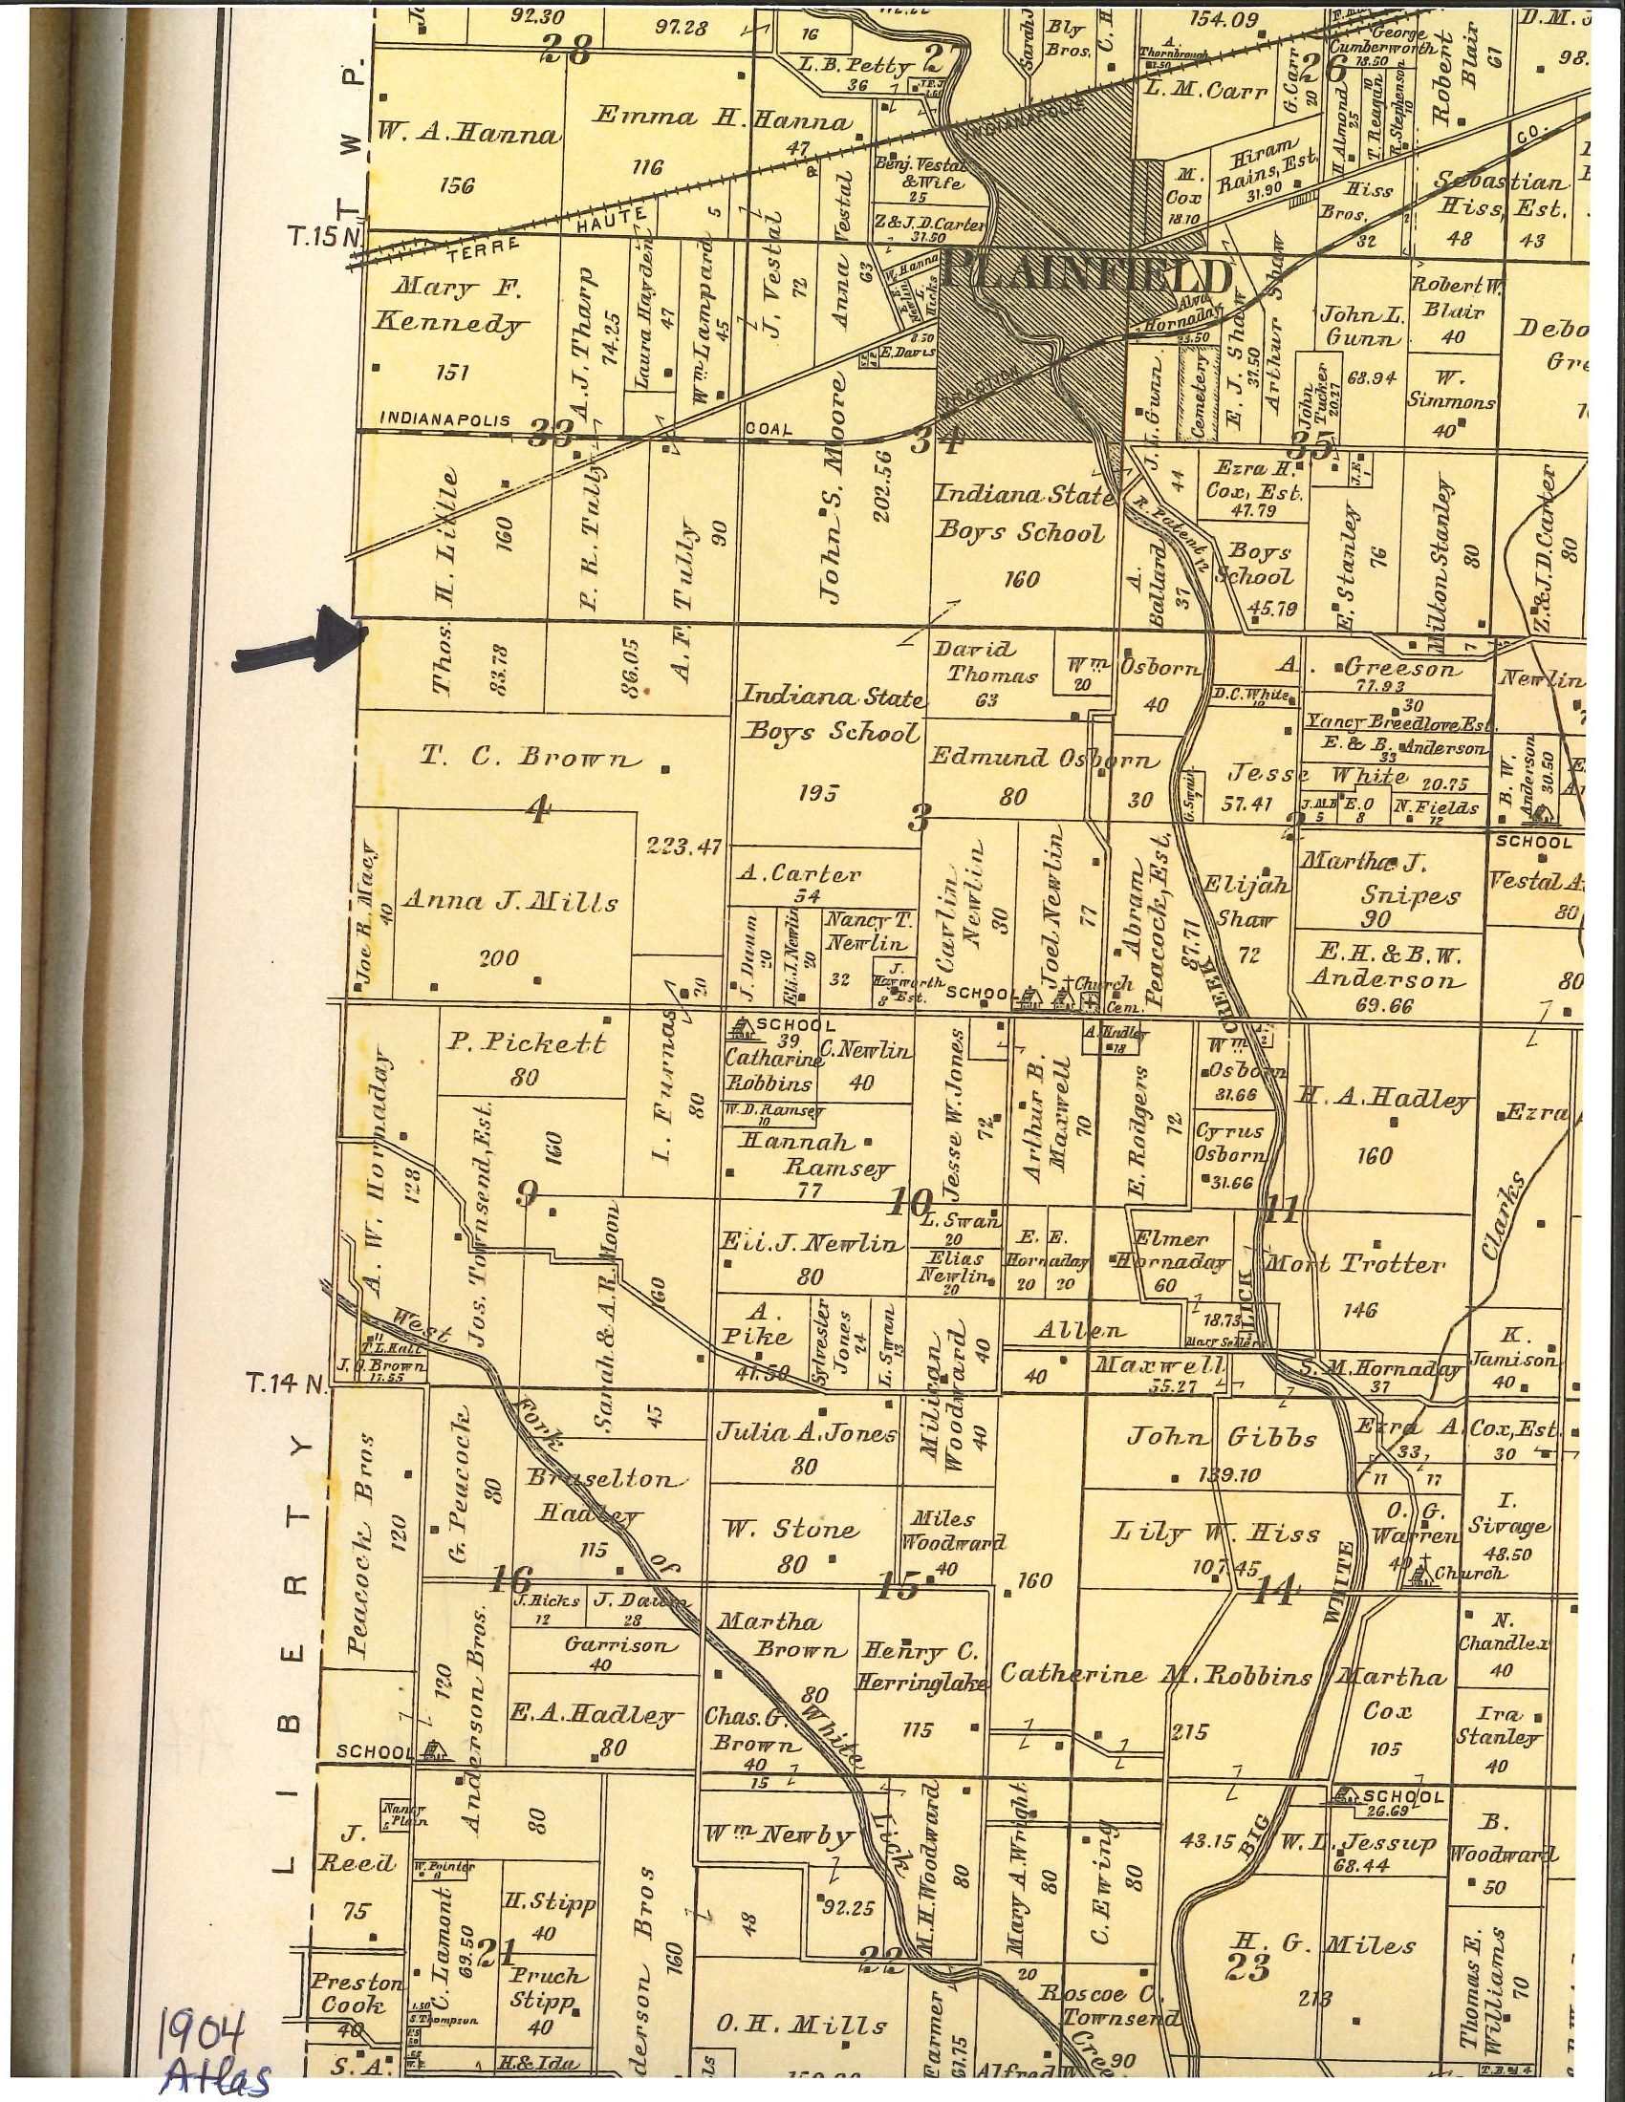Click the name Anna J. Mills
click(x=509, y=902)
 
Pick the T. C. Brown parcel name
click(x=529, y=758)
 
